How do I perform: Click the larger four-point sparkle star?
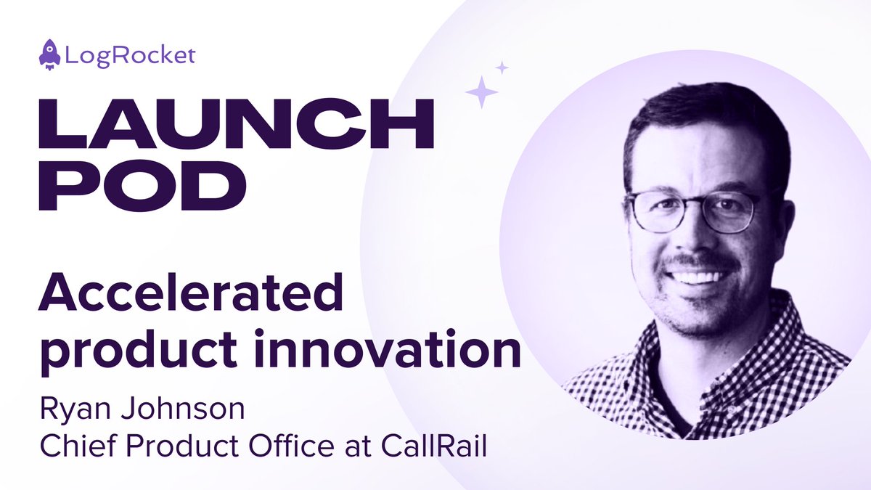click(x=481, y=92)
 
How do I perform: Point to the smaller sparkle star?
click(x=502, y=68)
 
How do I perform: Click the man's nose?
click(x=695, y=240)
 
